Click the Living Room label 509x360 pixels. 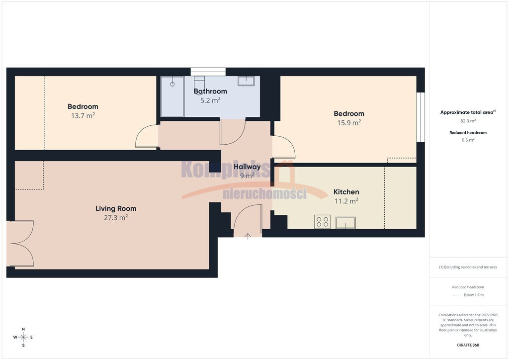pyautogui.click(x=116, y=208)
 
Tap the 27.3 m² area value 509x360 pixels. pyautogui.click(x=116, y=217)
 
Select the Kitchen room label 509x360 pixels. pyautogui.click(x=346, y=192)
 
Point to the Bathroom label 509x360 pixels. pyautogui.click(x=210, y=91)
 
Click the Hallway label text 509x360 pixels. pyautogui.click(x=247, y=167)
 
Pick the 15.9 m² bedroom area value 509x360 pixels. pyautogui.click(x=349, y=123)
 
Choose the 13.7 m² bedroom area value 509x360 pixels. pyautogui.click(x=83, y=115)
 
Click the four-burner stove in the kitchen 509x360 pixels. pyautogui.click(x=322, y=222)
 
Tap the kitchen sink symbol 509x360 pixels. pyautogui.click(x=346, y=223)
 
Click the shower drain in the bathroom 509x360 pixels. pyautogui.click(x=172, y=84)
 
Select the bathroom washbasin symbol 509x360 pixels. pyautogui.click(x=246, y=81)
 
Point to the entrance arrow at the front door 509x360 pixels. pyautogui.click(x=248, y=236)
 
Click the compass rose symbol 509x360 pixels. pyautogui.click(x=23, y=337)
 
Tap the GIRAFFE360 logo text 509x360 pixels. pyautogui.click(x=468, y=345)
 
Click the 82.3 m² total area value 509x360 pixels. pyautogui.click(x=468, y=121)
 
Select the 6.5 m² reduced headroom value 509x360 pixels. pyautogui.click(x=468, y=140)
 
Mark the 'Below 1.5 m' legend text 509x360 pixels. pyautogui.click(x=474, y=295)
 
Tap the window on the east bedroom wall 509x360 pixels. pyautogui.click(x=421, y=117)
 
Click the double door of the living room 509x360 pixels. pyautogui.click(x=20, y=244)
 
